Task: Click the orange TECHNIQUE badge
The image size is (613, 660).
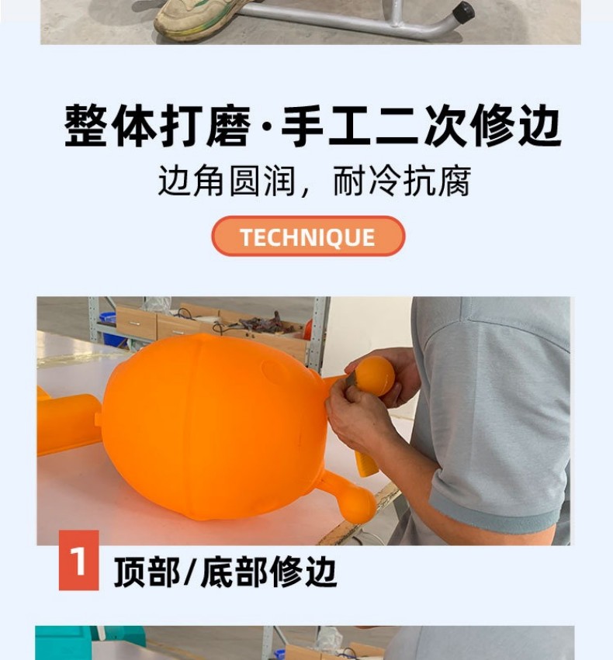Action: tap(308, 236)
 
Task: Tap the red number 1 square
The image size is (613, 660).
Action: tap(78, 560)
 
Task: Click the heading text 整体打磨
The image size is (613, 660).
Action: tap(158, 126)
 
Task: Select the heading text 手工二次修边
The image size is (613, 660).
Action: tap(421, 126)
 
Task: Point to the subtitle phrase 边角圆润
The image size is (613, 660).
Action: tap(227, 181)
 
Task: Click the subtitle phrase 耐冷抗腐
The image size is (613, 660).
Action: tap(402, 181)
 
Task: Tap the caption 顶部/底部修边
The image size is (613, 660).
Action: tap(226, 571)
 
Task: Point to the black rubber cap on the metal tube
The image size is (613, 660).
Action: tap(462, 12)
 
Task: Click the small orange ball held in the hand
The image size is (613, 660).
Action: tap(375, 376)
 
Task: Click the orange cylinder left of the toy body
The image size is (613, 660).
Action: tap(68, 424)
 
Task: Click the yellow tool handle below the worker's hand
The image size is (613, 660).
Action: tap(365, 462)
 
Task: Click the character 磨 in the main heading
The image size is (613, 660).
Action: tap(229, 126)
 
